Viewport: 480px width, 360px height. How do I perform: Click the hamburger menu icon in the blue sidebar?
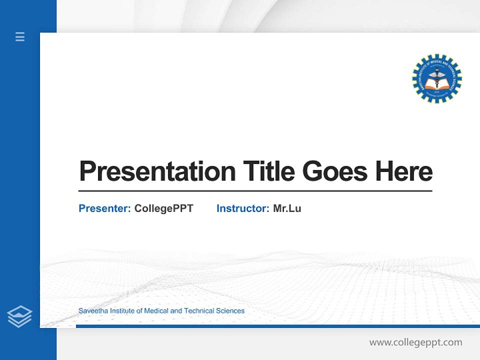[x=20, y=36]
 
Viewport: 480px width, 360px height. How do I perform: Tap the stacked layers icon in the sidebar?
[x=19, y=316]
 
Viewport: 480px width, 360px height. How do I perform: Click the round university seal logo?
[x=436, y=79]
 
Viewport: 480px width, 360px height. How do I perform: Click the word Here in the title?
[x=404, y=171]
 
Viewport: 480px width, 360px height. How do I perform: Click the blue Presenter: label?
[x=104, y=208]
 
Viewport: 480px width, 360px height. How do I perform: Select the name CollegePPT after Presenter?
[x=163, y=208]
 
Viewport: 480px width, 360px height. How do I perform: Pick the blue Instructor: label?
[x=242, y=208]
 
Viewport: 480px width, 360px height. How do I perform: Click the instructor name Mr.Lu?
[x=287, y=208]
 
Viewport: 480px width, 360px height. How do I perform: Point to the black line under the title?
[x=255, y=190]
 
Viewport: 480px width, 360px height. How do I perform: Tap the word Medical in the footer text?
[x=156, y=310]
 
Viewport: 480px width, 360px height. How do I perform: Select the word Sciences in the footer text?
[x=230, y=310]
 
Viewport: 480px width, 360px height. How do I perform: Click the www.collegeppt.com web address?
[x=415, y=342]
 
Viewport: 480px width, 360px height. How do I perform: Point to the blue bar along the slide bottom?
[x=277, y=326]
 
